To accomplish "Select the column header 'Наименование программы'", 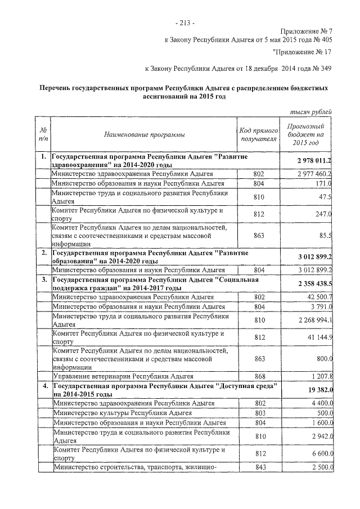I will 143,134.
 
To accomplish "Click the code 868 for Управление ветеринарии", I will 259,376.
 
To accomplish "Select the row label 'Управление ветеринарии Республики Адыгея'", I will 123,376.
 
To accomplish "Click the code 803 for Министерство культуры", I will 259,413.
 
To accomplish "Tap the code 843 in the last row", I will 259,467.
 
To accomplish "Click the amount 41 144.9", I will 318,337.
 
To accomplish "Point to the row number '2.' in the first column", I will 43,253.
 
